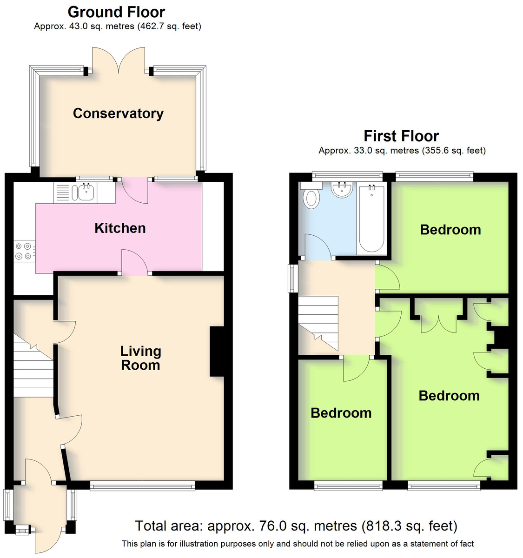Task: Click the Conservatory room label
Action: [x=118, y=113]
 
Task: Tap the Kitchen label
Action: [x=120, y=228]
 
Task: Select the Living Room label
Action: [x=140, y=358]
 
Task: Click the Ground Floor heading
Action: [x=116, y=12]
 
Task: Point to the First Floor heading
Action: [x=401, y=136]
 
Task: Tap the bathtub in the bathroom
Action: [x=371, y=218]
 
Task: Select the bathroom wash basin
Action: [x=342, y=189]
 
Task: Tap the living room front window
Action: [x=142, y=485]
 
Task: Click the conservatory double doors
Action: [x=119, y=60]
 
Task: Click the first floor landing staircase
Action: [x=318, y=323]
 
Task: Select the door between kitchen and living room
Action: [x=135, y=262]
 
